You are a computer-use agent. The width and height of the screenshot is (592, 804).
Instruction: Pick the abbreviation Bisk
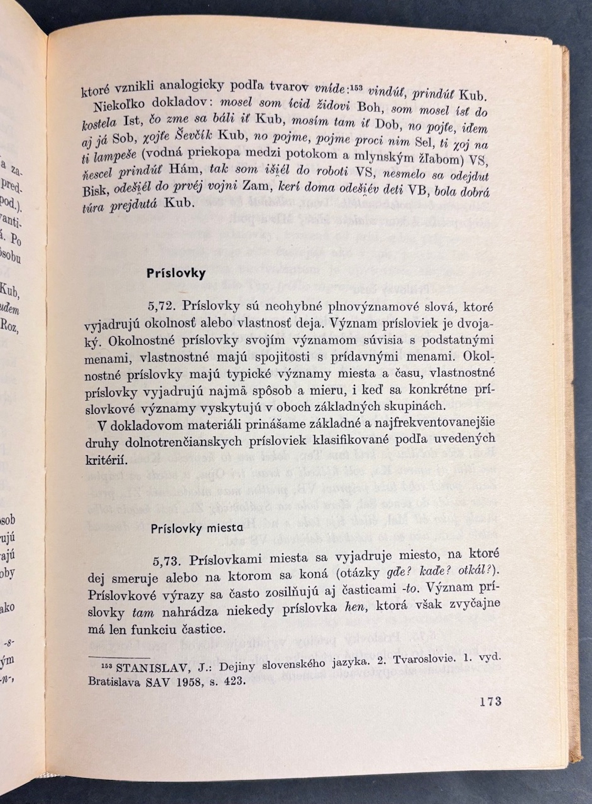[x=95, y=190]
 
